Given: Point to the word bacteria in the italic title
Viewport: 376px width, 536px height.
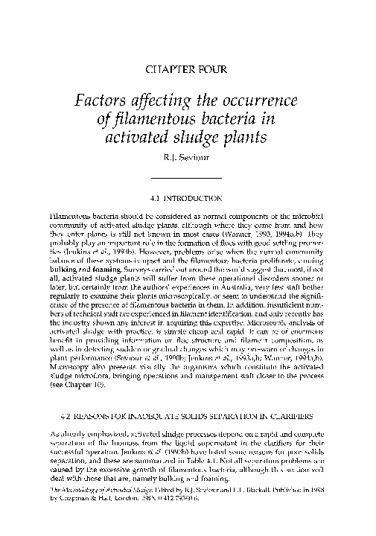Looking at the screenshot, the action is click(x=235, y=121).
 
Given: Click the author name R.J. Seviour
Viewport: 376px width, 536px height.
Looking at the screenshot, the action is click(x=188, y=158).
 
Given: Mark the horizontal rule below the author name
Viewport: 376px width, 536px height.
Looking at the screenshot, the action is click(x=188, y=177).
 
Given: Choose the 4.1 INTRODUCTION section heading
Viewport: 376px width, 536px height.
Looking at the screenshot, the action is click(x=188, y=200).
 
